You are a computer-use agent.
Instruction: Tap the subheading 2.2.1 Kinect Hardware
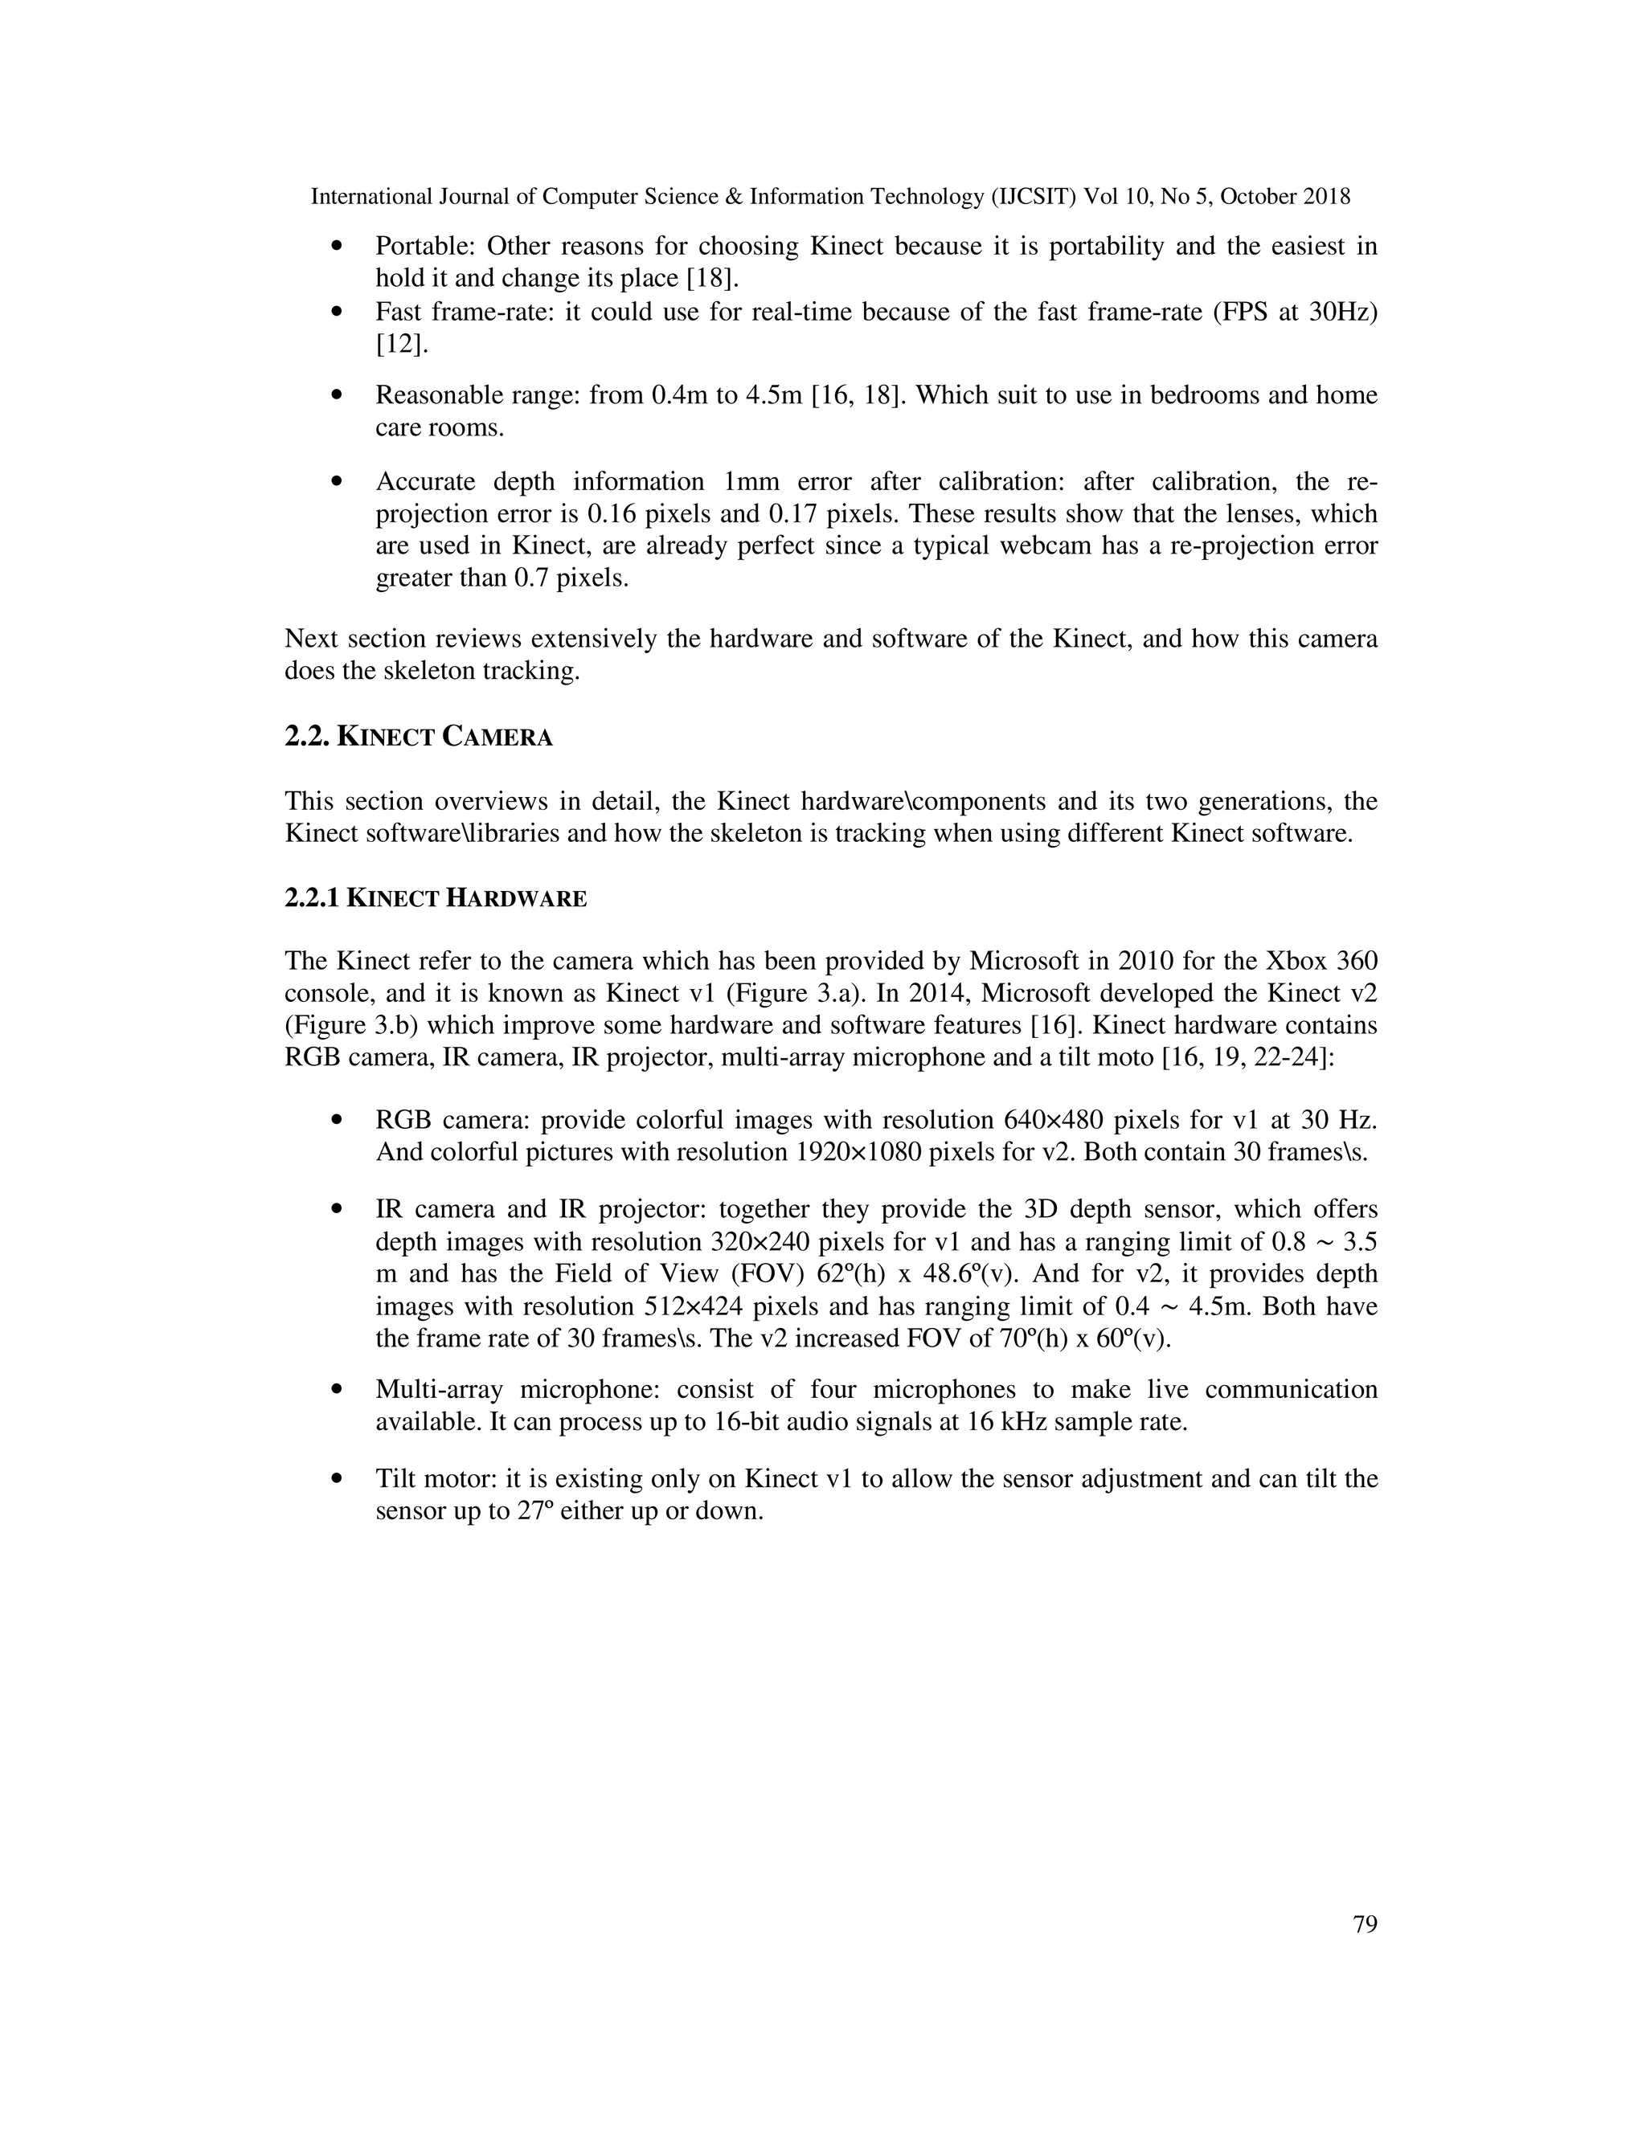point(435,898)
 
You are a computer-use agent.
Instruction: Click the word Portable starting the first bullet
point(424,246)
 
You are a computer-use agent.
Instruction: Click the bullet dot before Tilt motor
point(338,1479)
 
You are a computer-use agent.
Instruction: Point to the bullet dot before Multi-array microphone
point(338,1389)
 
